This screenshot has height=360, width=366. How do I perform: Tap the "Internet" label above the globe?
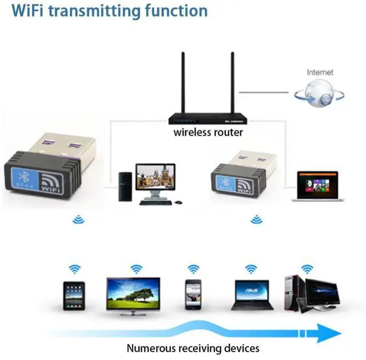320,73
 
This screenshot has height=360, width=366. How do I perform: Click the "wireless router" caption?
209,133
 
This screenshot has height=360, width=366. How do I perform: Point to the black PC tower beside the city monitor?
125,187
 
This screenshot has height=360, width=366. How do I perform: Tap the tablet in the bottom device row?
74,296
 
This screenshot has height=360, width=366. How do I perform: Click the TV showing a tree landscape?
133,294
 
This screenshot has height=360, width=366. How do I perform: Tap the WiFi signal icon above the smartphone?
193,268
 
